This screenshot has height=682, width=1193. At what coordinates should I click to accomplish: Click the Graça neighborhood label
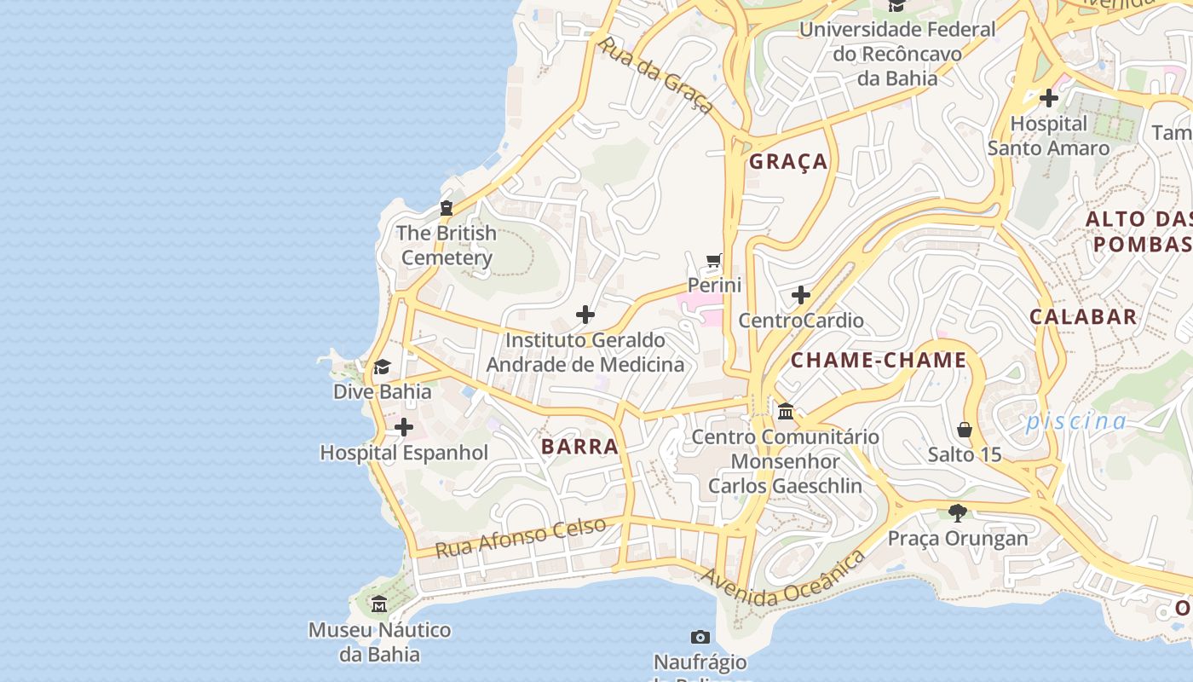(788, 161)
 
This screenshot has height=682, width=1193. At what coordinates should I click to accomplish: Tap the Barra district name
(579, 446)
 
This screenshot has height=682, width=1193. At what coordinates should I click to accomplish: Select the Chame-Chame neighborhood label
(879, 360)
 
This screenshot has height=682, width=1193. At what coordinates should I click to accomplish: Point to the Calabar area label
(1083, 316)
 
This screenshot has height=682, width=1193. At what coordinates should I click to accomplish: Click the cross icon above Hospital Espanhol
(404, 427)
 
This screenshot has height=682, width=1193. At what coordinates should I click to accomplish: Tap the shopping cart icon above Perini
(714, 260)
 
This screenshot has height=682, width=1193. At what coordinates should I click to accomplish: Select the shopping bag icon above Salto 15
(965, 429)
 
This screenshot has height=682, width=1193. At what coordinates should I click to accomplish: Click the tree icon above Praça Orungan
(958, 512)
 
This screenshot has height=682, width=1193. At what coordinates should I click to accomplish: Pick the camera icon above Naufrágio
(700, 637)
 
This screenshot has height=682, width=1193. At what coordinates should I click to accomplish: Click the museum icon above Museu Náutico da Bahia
(379, 604)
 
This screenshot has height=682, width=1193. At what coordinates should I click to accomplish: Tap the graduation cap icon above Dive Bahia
(382, 367)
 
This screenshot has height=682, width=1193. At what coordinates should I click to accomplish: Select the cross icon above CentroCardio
(801, 295)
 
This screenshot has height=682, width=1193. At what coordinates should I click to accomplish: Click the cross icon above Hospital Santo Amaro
(1049, 98)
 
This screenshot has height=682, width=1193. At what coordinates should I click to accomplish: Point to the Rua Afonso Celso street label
(521, 537)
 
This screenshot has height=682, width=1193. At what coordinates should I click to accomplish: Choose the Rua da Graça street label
(656, 75)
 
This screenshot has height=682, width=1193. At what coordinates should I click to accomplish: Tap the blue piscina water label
(1076, 421)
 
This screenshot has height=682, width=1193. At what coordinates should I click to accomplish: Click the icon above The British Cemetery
(446, 207)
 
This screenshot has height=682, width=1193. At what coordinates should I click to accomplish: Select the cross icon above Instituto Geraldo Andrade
(585, 315)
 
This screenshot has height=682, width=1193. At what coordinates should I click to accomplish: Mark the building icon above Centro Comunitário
(786, 412)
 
